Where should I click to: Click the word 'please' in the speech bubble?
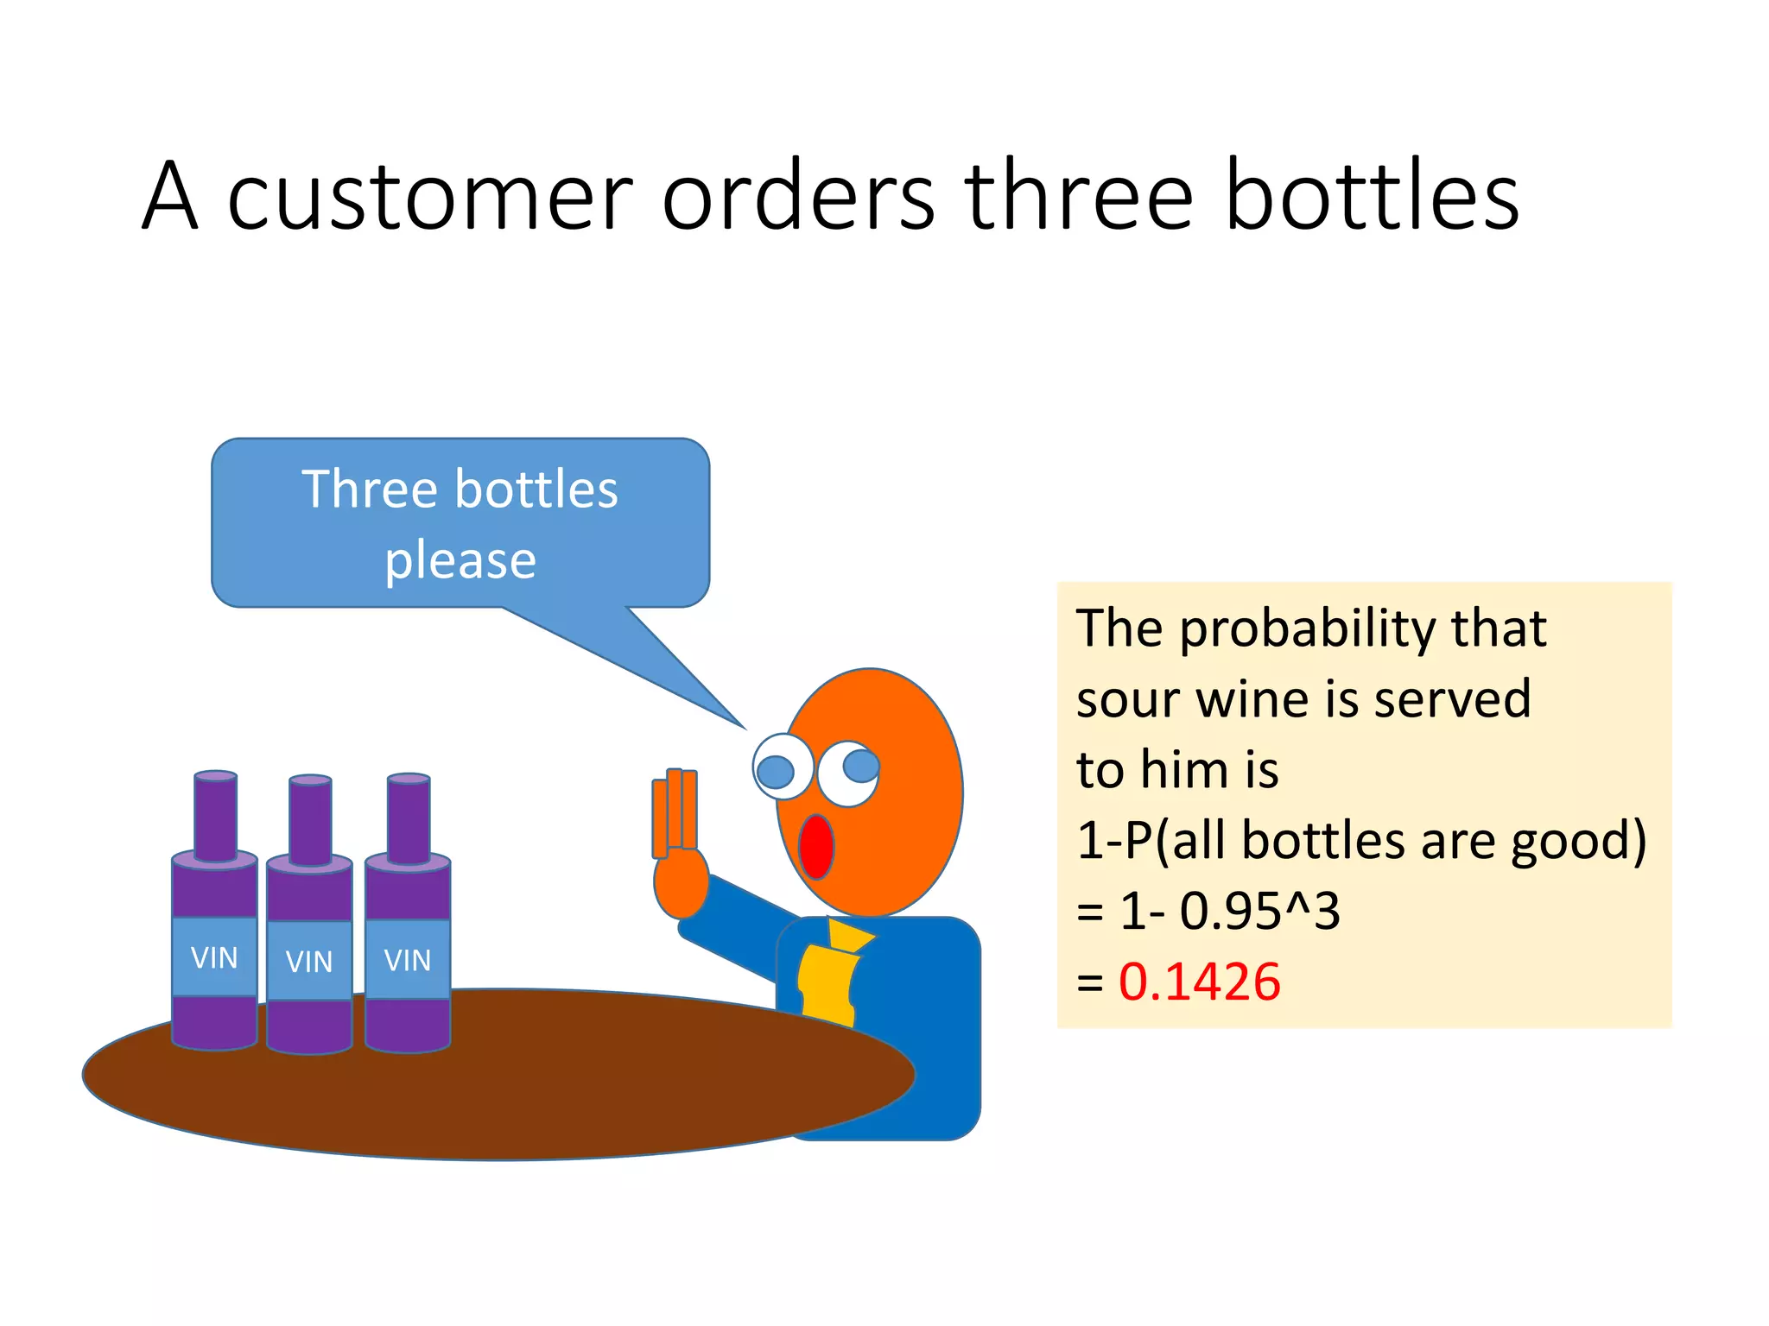point(460,561)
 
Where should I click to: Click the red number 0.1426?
point(1199,982)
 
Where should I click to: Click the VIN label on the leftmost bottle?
point(214,957)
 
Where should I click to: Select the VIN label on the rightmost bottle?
point(408,960)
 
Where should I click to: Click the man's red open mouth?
point(815,846)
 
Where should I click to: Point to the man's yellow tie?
point(829,976)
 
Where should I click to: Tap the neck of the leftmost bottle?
point(215,816)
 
